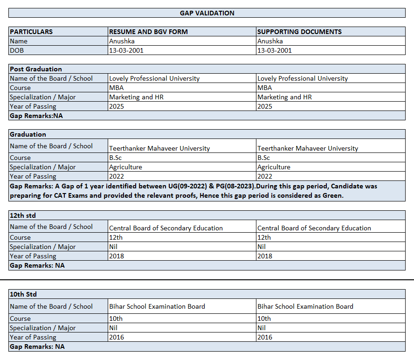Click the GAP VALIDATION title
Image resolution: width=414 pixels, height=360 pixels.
207,13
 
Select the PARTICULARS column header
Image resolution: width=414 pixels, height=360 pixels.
31,32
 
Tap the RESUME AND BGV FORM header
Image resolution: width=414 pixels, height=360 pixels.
148,32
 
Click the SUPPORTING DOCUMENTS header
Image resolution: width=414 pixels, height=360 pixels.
299,32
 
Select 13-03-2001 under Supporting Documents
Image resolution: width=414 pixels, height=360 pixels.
275,50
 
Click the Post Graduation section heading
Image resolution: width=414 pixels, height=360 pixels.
36,69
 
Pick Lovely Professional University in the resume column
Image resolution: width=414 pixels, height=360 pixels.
154,78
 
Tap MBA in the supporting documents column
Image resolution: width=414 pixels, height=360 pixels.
264,88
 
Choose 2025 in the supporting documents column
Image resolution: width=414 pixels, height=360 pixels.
265,106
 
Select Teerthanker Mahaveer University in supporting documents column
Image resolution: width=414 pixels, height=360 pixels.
308,148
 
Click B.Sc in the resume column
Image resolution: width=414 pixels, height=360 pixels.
115,158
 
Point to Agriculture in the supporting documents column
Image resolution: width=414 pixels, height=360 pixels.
274,167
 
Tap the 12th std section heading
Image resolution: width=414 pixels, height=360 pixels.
23,215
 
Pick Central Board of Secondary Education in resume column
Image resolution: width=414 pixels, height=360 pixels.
166,228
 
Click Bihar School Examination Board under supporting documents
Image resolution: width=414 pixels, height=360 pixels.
305,306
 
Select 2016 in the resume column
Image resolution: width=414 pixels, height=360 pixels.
117,337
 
